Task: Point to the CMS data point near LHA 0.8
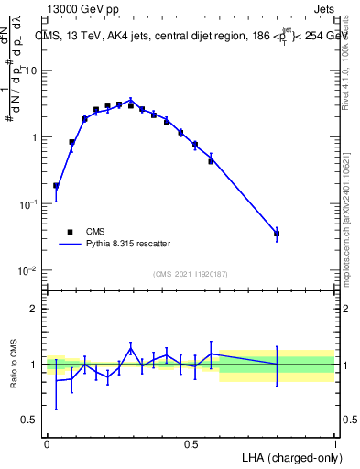(x=277, y=234)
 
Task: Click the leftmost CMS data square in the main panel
(x=56, y=186)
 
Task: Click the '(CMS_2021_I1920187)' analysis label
(x=191, y=274)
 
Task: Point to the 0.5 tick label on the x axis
(x=191, y=442)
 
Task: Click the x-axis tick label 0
(x=47, y=442)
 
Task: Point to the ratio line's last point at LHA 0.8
(x=277, y=365)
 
